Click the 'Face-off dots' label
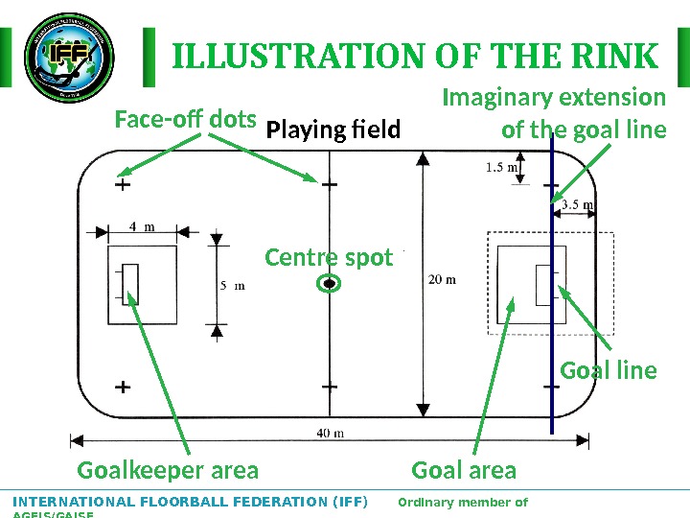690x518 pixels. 185,121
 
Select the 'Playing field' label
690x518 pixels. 333,129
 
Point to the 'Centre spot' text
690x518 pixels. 329,258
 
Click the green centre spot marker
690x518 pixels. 329,284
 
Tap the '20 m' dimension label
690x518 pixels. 442,280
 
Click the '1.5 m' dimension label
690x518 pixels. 501,168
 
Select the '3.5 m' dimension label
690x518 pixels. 577,203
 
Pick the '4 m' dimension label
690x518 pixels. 142,226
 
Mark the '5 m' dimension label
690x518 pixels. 233,285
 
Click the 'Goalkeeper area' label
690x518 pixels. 168,470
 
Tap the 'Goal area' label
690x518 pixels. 464,470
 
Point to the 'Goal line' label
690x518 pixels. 609,370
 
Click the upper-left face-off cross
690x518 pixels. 123,184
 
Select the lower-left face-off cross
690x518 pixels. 123,388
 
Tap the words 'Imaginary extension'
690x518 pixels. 554,98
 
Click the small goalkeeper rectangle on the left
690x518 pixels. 131,284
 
